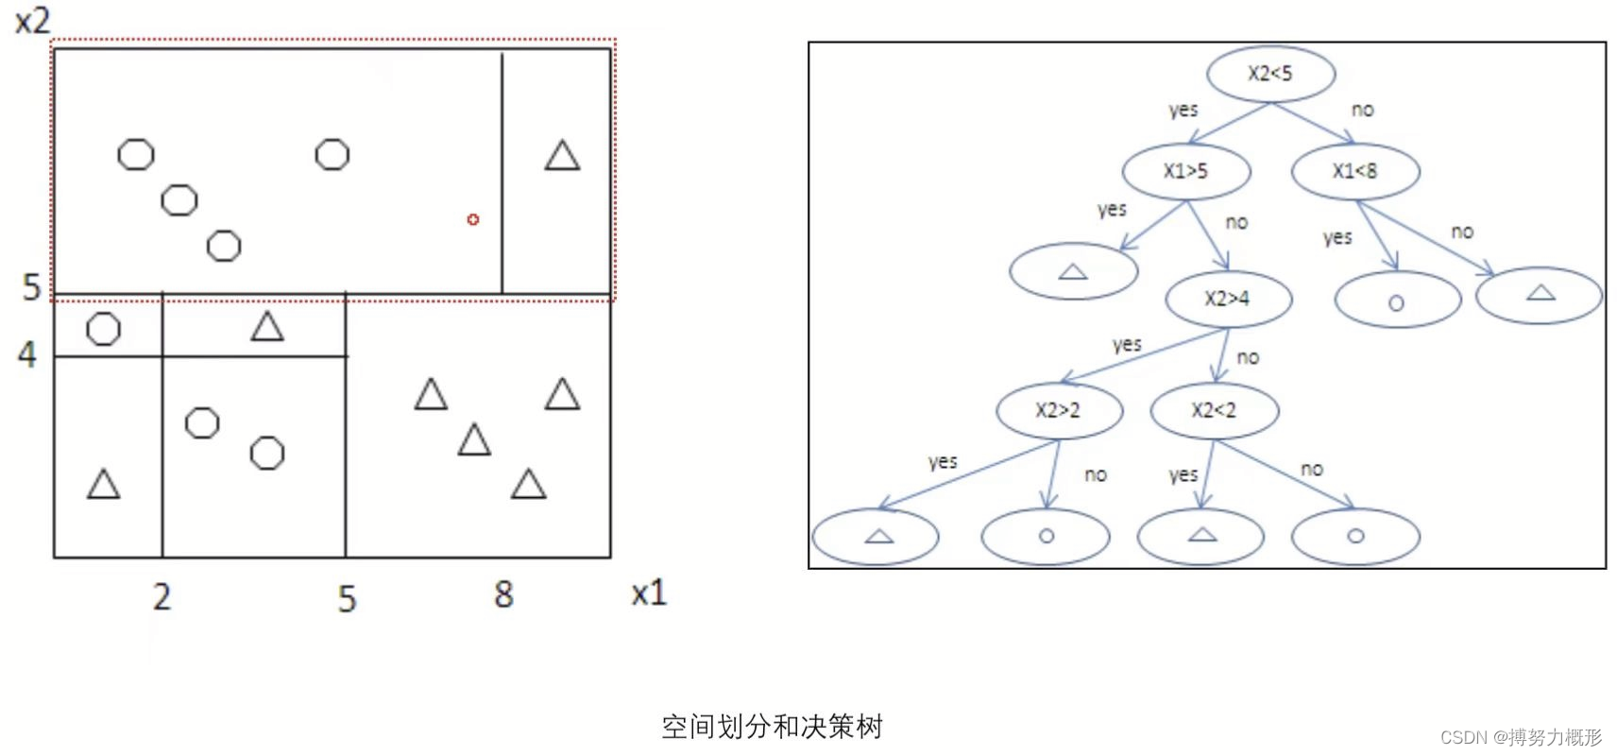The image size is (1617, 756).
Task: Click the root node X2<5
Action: [1270, 74]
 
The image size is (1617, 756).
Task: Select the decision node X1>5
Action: [1186, 171]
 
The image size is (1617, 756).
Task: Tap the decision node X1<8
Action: [1355, 171]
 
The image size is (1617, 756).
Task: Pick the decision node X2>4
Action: [1228, 299]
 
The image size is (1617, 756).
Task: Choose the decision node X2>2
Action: [1059, 410]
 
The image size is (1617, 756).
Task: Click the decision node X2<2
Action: [1215, 410]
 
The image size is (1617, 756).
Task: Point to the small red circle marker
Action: [473, 219]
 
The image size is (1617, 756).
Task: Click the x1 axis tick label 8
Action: [503, 594]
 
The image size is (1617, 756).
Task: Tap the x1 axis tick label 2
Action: [162, 596]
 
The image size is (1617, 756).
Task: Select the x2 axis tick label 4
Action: [27, 354]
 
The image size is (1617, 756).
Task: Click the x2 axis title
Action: [33, 20]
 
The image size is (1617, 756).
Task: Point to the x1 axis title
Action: [649, 593]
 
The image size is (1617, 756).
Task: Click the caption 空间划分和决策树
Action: [772, 726]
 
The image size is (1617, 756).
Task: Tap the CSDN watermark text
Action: [1521, 737]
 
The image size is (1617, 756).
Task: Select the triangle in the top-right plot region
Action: [562, 156]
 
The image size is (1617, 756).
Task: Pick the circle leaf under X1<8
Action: [1397, 301]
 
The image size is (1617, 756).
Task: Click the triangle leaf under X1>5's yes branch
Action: [1073, 272]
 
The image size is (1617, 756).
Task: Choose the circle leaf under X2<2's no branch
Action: [1355, 536]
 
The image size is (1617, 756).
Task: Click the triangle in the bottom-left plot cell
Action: [104, 485]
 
